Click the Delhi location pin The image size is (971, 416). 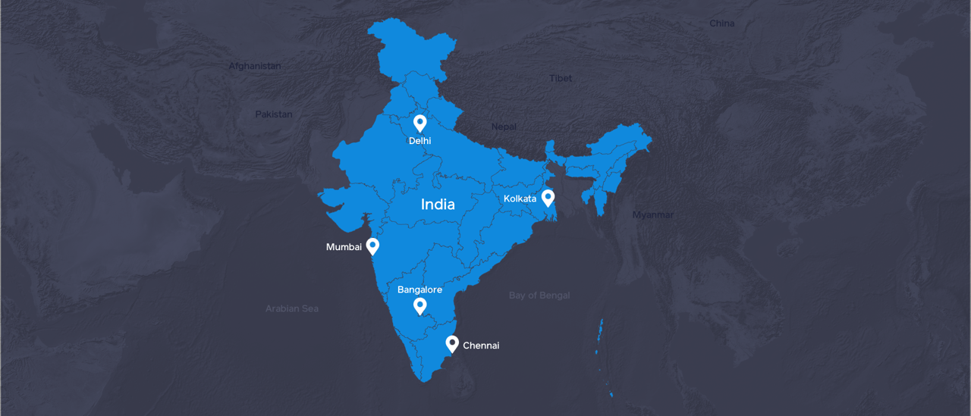pyautogui.click(x=420, y=123)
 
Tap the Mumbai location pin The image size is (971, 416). pyautogui.click(x=372, y=246)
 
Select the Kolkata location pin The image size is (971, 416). pyautogui.click(x=548, y=198)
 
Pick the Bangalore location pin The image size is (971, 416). pyautogui.click(x=420, y=306)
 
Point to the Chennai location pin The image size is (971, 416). pyautogui.click(x=452, y=344)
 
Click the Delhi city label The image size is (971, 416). pyautogui.click(x=420, y=141)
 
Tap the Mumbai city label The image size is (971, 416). pyautogui.click(x=344, y=247)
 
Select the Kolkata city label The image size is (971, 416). pyautogui.click(x=520, y=199)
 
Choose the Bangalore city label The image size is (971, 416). pyautogui.click(x=420, y=289)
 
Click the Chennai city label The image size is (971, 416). pyautogui.click(x=481, y=346)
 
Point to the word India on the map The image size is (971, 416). pyautogui.click(x=438, y=205)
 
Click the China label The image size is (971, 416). pyautogui.click(x=722, y=23)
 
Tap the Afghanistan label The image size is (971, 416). pyautogui.click(x=255, y=66)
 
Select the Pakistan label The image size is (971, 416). pyautogui.click(x=273, y=114)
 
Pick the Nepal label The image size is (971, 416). pyautogui.click(x=504, y=127)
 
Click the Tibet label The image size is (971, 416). pyautogui.click(x=561, y=78)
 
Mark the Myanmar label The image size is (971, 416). pyautogui.click(x=652, y=215)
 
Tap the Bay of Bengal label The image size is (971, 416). pyautogui.click(x=539, y=296)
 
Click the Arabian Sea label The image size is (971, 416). pyautogui.click(x=292, y=309)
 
